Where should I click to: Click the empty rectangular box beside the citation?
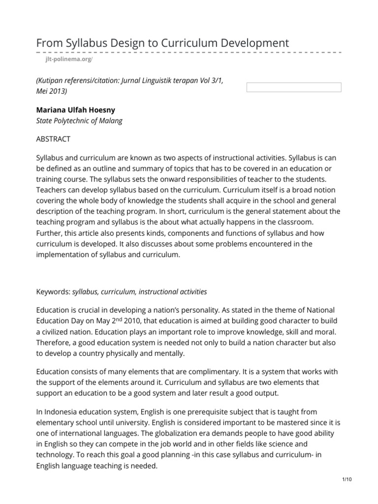pyautogui.click(x=293, y=88)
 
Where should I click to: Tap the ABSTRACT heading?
pyautogui.click(x=54, y=139)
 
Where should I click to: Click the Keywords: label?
pyautogui.click(x=54, y=291)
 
